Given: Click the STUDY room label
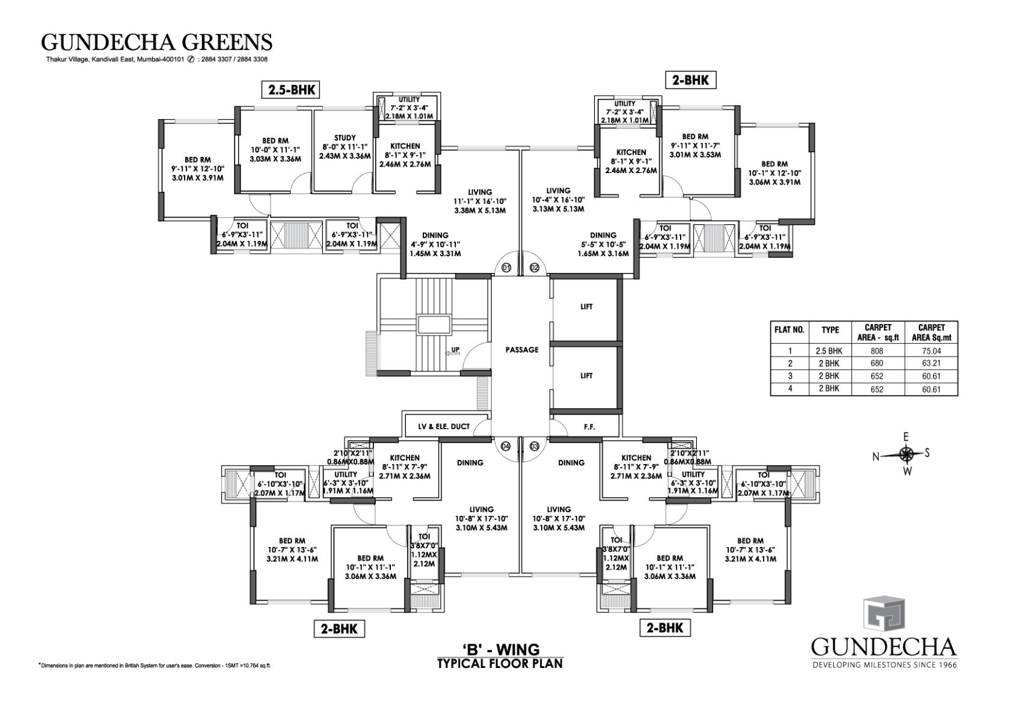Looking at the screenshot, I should [x=345, y=138].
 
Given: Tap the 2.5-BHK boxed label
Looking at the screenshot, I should [x=289, y=90].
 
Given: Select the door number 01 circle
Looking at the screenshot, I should [x=506, y=268].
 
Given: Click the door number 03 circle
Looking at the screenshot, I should [x=535, y=446].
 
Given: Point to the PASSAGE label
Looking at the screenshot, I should [x=521, y=349].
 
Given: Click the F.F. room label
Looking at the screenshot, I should [x=589, y=426].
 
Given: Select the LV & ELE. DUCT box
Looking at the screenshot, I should [x=444, y=426].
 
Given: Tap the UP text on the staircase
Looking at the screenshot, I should [x=456, y=349].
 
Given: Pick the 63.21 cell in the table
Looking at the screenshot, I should [x=931, y=364].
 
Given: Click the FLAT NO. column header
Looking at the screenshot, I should [x=788, y=330].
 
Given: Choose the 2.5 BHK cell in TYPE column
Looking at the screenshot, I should [x=830, y=351].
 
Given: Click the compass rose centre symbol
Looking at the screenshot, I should [x=907, y=454].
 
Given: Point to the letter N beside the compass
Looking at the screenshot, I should [x=877, y=457].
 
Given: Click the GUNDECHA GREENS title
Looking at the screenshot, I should [x=156, y=42].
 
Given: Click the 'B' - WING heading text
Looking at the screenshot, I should [x=501, y=649].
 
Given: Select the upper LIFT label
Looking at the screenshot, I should [x=586, y=307].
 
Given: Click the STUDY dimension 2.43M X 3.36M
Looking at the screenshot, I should [x=345, y=156].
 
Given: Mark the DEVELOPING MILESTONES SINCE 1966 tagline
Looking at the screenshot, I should [x=884, y=665].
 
